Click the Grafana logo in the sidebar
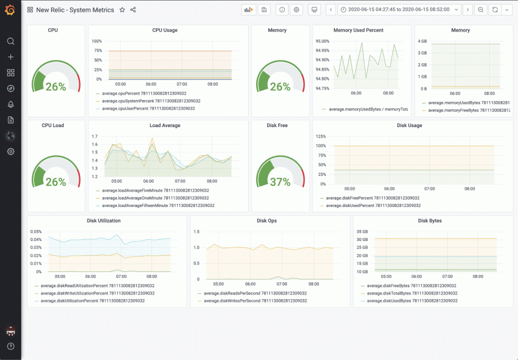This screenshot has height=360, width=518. [10, 10]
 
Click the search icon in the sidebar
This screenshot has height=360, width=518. [10, 41]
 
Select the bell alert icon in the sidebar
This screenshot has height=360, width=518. [10, 104]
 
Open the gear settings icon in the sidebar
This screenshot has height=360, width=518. [10, 151]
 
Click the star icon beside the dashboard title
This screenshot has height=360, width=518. [121, 10]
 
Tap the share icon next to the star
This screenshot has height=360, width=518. [133, 10]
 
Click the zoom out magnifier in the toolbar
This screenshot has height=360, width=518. [480, 10]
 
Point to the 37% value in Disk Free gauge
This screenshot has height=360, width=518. [280, 182]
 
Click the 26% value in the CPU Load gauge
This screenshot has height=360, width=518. [56, 182]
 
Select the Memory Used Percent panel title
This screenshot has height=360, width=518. [358, 30]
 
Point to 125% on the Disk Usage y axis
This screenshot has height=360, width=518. [320, 136]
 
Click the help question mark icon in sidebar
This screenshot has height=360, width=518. [10, 346]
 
